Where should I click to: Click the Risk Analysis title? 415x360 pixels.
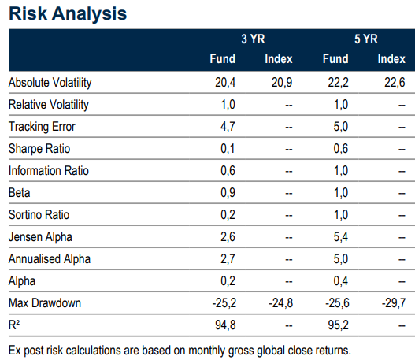pyautogui.click(x=68, y=13)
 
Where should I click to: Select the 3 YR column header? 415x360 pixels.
pyautogui.click(x=253, y=39)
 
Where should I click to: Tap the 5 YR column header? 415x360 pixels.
pyautogui.click(x=366, y=39)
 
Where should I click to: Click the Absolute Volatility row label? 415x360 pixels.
pyautogui.click(x=50, y=83)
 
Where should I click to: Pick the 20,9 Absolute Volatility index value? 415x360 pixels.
pyautogui.click(x=282, y=83)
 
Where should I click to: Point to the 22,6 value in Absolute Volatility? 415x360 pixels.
pyautogui.click(x=395, y=83)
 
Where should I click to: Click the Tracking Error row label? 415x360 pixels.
pyautogui.click(x=42, y=127)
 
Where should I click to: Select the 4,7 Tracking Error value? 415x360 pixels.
pyautogui.click(x=228, y=127)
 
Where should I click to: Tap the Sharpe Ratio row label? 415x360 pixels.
pyautogui.click(x=39, y=149)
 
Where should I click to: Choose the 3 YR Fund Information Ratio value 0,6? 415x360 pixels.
pyautogui.click(x=228, y=171)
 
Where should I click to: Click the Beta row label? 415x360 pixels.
pyautogui.click(x=20, y=193)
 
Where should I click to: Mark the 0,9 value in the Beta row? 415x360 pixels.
pyautogui.click(x=228, y=193)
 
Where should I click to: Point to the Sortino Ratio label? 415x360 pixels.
pyautogui.click(x=39, y=215)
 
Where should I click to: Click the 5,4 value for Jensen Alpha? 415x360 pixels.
pyautogui.click(x=341, y=237)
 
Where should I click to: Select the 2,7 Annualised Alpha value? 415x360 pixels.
pyautogui.click(x=228, y=259)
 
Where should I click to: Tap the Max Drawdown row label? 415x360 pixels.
pyautogui.click(x=45, y=303)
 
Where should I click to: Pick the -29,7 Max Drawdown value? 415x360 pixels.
pyautogui.click(x=394, y=303)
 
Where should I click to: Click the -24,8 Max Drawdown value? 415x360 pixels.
pyautogui.click(x=281, y=303)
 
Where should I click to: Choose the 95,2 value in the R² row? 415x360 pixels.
pyautogui.click(x=339, y=325)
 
